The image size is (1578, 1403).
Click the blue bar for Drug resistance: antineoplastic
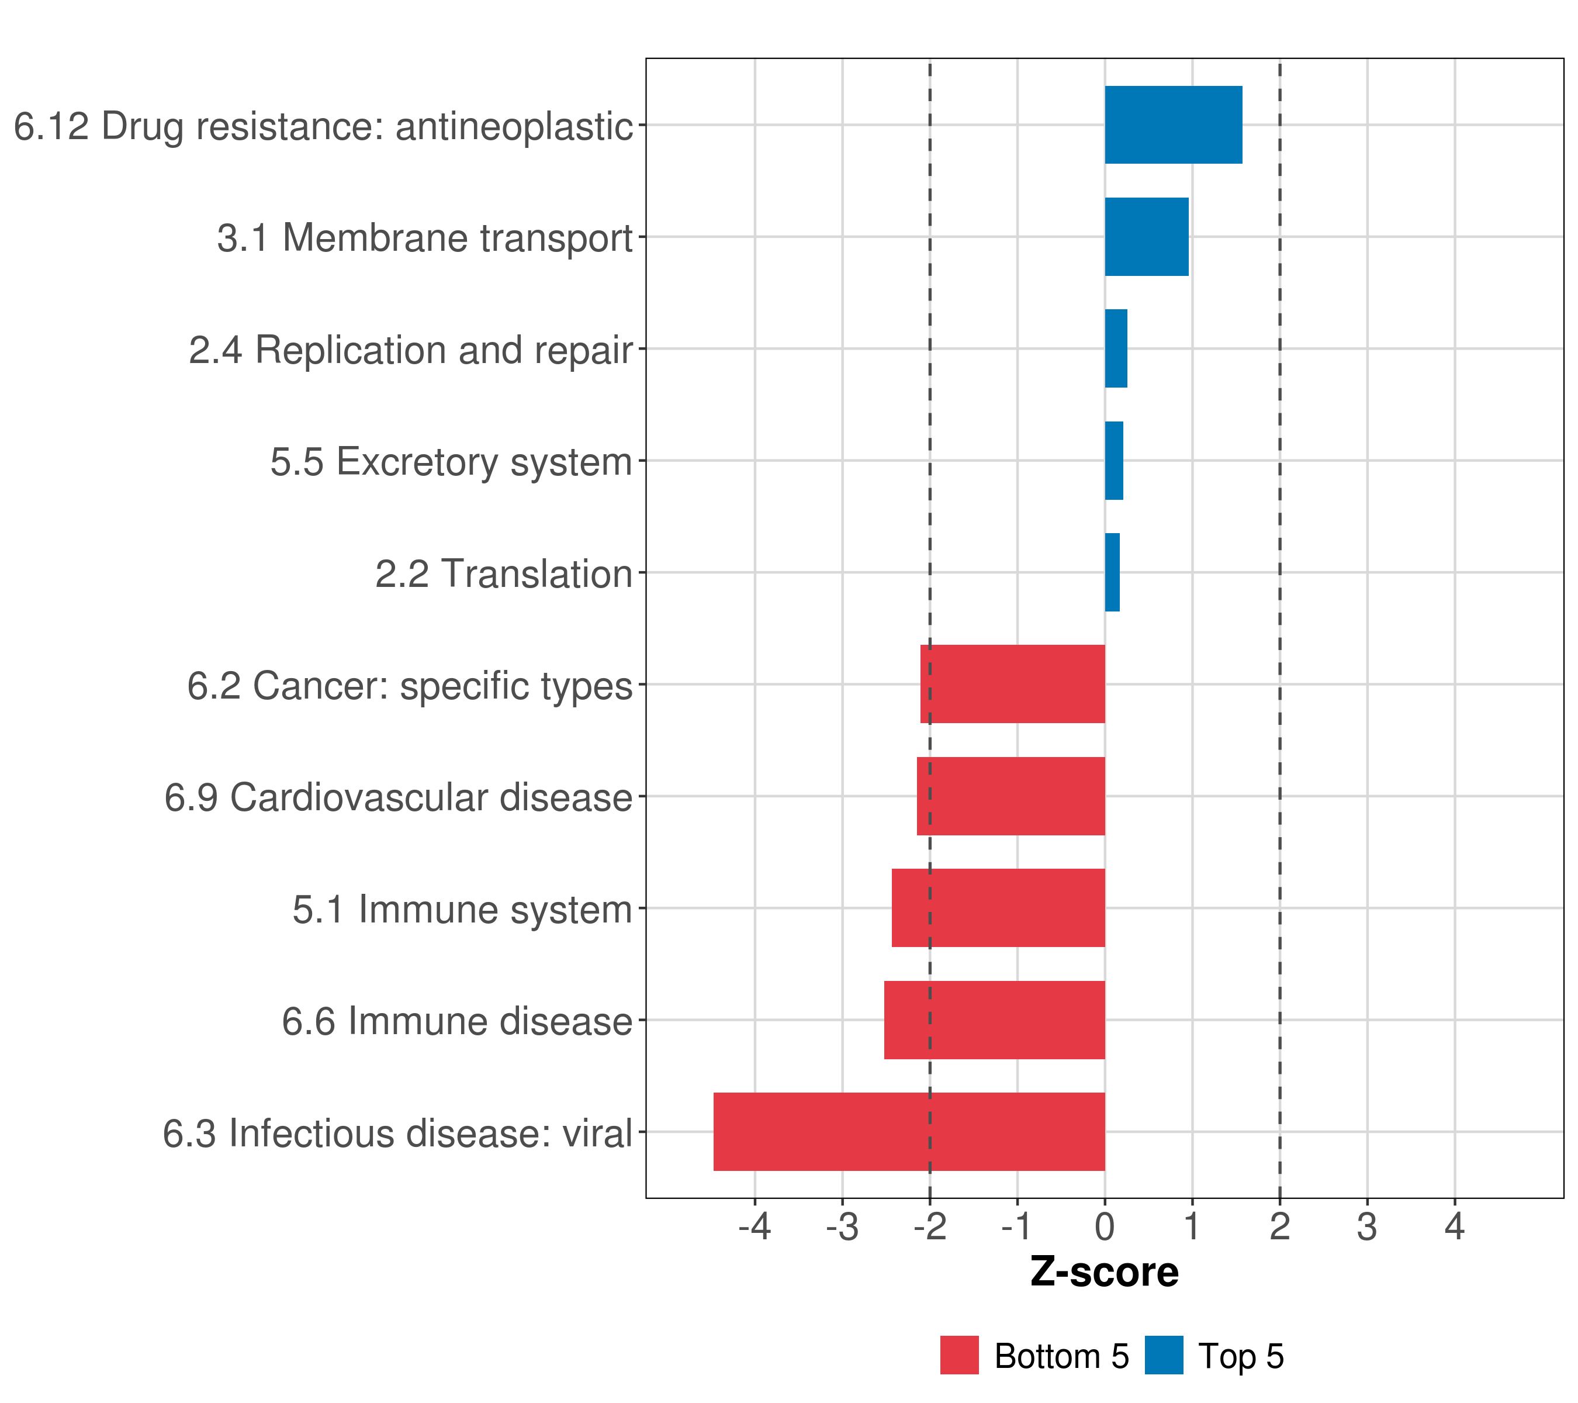coord(1173,125)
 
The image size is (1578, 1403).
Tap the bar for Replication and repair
coord(1116,348)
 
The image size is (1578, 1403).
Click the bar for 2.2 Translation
coord(1112,572)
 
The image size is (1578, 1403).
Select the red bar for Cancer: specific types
coord(1012,684)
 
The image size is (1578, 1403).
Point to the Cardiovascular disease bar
coord(1011,796)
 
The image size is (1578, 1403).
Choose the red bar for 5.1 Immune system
coord(998,908)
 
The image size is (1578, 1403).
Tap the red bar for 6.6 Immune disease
coord(994,1020)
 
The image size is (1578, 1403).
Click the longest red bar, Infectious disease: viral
coord(909,1132)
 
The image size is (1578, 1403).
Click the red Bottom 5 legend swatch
coord(959,1355)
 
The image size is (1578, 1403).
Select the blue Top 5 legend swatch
coord(1164,1355)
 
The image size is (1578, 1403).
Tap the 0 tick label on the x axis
coord(1105,1227)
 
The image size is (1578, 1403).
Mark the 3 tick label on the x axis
coord(1366,1227)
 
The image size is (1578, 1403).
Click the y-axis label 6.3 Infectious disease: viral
coord(397,1134)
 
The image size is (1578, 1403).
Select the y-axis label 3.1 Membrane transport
coord(425,238)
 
